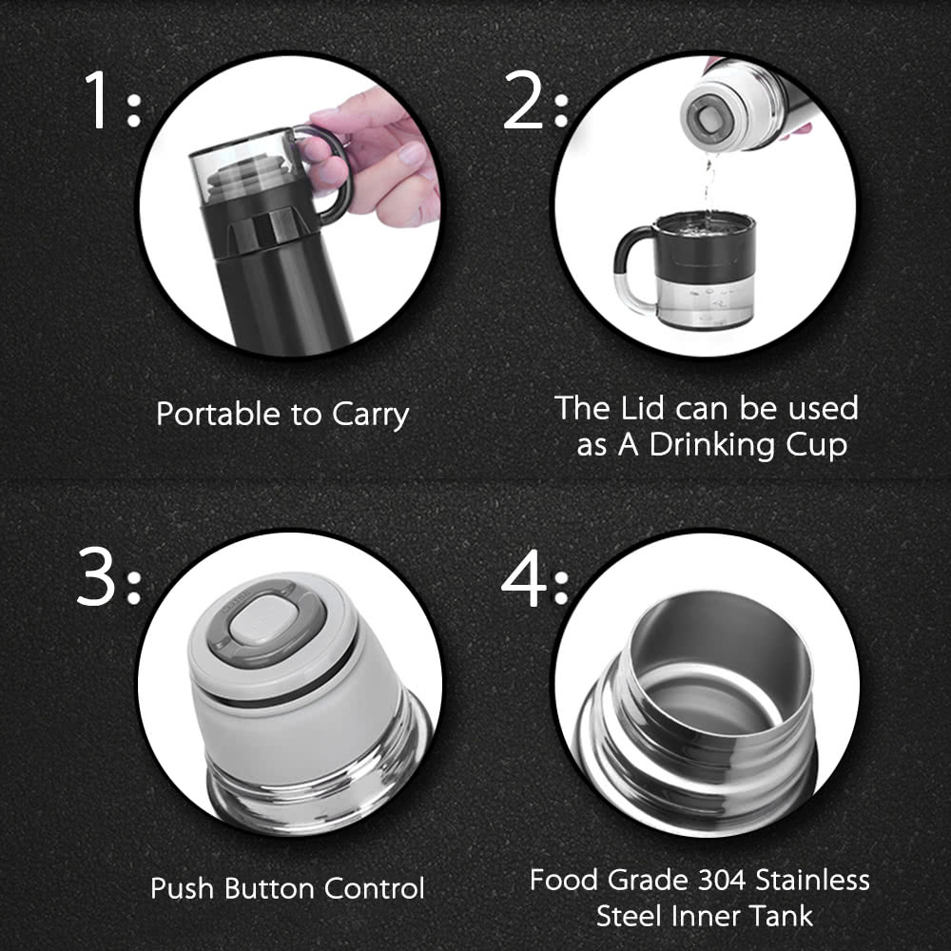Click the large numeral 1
(97, 99)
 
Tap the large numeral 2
(523, 99)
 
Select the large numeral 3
(96, 576)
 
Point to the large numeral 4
(523, 577)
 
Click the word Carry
(371, 417)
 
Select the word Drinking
(712, 446)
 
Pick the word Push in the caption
(182, 888)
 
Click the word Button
(269, 888)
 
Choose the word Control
(374, 888)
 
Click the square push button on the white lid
(259, 620)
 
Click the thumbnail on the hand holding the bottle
(413, 153)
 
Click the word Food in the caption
(564, 880)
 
